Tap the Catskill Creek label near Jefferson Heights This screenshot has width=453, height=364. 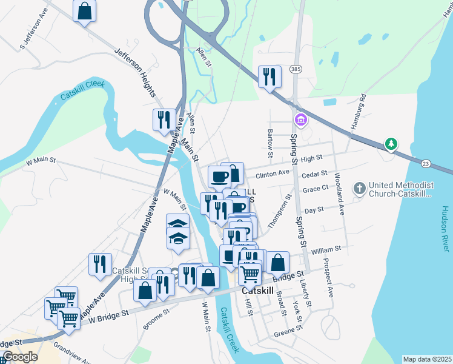coord(82,91)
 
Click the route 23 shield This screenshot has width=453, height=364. coord(426,164)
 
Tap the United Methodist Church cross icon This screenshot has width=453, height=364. coord(359,188)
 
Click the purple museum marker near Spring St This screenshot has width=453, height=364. coord(299,118)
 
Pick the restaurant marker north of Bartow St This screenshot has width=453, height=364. coord(269,76)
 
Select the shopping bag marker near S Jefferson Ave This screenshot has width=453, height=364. coord(85,10)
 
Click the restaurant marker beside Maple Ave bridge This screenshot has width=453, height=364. coord(164,120)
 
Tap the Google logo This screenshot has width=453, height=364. coord(20,357)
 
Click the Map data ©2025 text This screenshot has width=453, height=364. coord(426,359)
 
